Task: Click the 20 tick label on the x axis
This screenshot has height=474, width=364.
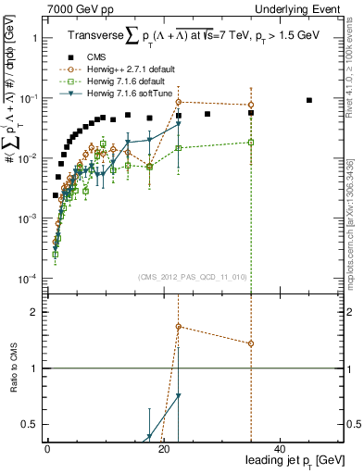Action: pos(163,448)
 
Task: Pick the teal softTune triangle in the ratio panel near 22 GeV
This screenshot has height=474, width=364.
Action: pos(179,396)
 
